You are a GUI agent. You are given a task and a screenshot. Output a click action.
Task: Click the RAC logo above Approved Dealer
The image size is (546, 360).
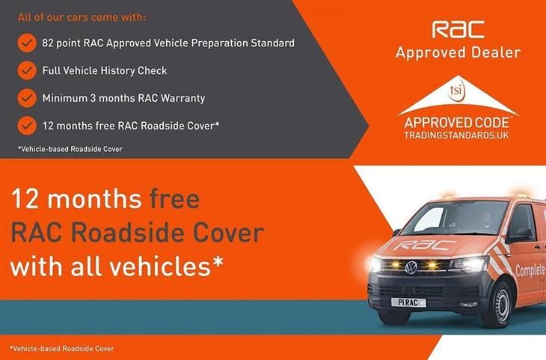[x=458, y=29]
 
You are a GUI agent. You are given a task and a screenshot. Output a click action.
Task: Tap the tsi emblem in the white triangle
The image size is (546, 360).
[x=456, y=91]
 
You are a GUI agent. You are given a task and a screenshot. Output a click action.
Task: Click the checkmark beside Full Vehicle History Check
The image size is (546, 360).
[x=27, y=70]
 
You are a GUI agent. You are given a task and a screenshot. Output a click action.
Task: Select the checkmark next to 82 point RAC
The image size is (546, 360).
[x=27, y=43]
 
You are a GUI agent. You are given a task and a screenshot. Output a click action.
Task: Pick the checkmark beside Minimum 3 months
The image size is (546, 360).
[x=27, y=98]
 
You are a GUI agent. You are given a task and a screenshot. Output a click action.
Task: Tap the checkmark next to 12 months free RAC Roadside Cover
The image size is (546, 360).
[x=27, y=126]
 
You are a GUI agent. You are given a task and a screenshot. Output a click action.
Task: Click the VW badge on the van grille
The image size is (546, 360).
[x=411, y=267]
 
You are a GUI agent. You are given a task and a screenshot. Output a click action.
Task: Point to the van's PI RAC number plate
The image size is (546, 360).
[x=408, y=302]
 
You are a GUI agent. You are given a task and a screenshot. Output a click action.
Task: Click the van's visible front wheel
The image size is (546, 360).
[x=498, y=305]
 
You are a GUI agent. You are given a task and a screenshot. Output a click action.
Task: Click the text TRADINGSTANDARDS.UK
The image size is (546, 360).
[x=456, y=135]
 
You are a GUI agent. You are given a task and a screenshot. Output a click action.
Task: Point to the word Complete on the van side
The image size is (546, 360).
[x=530, y=270]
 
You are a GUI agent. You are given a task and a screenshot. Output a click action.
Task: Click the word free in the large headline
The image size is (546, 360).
[x=175, y=199]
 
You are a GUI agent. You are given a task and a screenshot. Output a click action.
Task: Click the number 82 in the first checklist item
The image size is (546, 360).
[x=48, y=43]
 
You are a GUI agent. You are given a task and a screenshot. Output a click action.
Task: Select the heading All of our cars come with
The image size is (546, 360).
[x=82, y=17]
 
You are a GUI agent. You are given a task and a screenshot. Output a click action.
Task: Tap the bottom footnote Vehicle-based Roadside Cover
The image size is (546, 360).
[x=61, y=349]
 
